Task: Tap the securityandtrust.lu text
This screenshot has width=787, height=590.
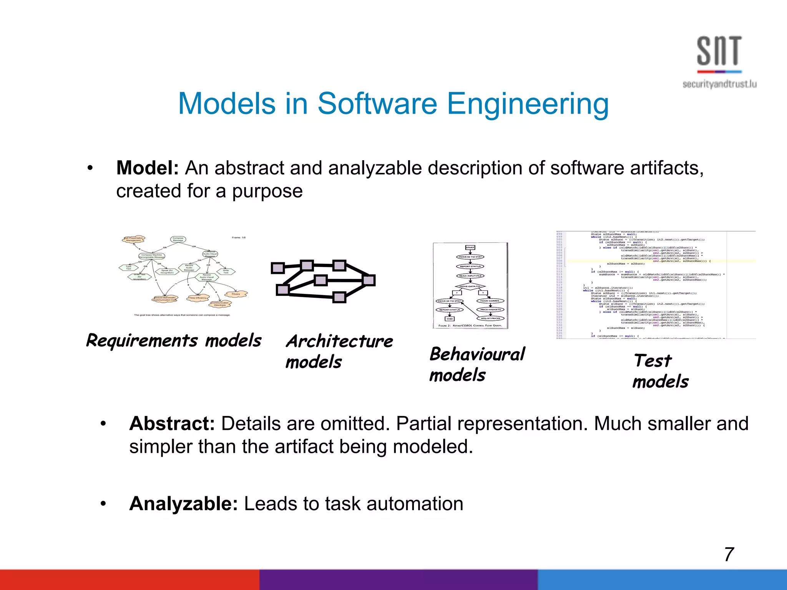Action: click(x=719, y=84)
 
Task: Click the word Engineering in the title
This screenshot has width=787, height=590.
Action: click(x=528, y=104)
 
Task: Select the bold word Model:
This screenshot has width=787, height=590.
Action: click(x=148, y=168)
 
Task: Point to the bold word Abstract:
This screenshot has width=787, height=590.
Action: click(x=172, y=424)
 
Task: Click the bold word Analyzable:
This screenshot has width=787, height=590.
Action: click(x=184, y=504)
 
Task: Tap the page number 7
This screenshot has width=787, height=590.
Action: click(x=729, y=554)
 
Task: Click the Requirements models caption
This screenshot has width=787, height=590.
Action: click(x=174, y=340)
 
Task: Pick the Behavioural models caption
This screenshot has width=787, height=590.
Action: click(x=477, y=364)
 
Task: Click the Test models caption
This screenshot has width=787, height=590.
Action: click(x=660, y=371)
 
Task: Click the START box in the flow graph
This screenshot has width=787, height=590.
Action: click(x=470, y=247)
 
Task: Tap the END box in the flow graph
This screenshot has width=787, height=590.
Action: click(x=449, y=318)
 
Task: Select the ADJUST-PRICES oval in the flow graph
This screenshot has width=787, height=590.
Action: click(x=490, y=318)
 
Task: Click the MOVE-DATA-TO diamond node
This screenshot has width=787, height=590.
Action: click(x=470, y=286)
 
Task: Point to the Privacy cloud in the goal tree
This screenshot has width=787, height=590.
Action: click(x=236, y=294)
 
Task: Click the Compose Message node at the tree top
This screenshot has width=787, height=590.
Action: click(x=178, y=239)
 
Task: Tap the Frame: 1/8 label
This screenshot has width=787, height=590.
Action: click(x=238, y=237)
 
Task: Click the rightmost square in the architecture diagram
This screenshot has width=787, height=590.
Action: click(x=369, y=280)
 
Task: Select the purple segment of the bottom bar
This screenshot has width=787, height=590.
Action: click(x=398, y=580)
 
